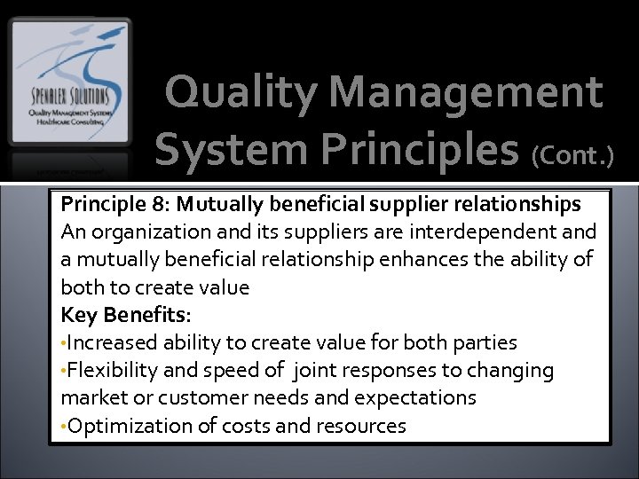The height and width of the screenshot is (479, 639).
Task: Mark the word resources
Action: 359,426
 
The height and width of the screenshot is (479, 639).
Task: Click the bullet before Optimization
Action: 64,427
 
